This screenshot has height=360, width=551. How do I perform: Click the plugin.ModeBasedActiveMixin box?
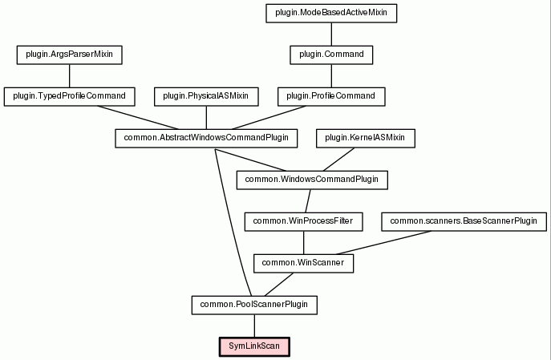331,14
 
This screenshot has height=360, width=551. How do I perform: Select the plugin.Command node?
331,55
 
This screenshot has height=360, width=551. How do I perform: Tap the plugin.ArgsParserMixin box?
70,55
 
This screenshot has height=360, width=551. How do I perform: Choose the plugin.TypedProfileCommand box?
70,96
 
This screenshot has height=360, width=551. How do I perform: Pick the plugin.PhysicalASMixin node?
206,96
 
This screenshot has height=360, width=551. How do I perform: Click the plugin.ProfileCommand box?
331,96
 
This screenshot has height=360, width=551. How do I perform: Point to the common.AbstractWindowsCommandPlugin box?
206,139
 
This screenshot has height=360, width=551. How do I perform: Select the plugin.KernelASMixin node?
366,139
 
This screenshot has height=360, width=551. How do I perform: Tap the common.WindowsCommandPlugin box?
312,180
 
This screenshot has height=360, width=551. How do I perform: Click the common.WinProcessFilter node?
304,221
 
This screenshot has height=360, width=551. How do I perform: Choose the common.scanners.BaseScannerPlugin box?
464,221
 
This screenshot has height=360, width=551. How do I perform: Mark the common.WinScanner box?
304,264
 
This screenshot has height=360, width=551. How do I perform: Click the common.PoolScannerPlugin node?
254,305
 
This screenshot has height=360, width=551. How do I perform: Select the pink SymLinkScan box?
254,347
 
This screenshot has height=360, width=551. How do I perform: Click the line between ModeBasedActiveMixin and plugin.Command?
331,34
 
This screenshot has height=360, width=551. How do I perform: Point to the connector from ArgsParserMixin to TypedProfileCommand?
70,76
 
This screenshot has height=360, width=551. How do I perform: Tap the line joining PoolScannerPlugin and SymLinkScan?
254,326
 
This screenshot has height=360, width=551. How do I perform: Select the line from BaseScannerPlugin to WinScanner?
383,242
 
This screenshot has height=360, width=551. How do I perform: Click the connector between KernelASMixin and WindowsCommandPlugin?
338,160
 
